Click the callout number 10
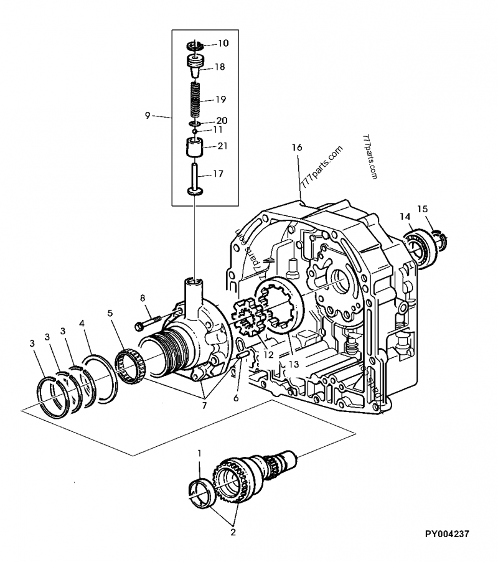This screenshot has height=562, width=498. [x=223, y=44]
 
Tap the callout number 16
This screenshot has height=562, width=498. [x=297, y=147]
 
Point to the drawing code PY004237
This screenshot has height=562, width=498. [x=446, y=533]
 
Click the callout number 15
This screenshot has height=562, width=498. [x=423, y=210]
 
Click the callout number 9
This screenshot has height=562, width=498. [x=148, y=115]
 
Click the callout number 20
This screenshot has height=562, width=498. [x=222, y=120]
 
